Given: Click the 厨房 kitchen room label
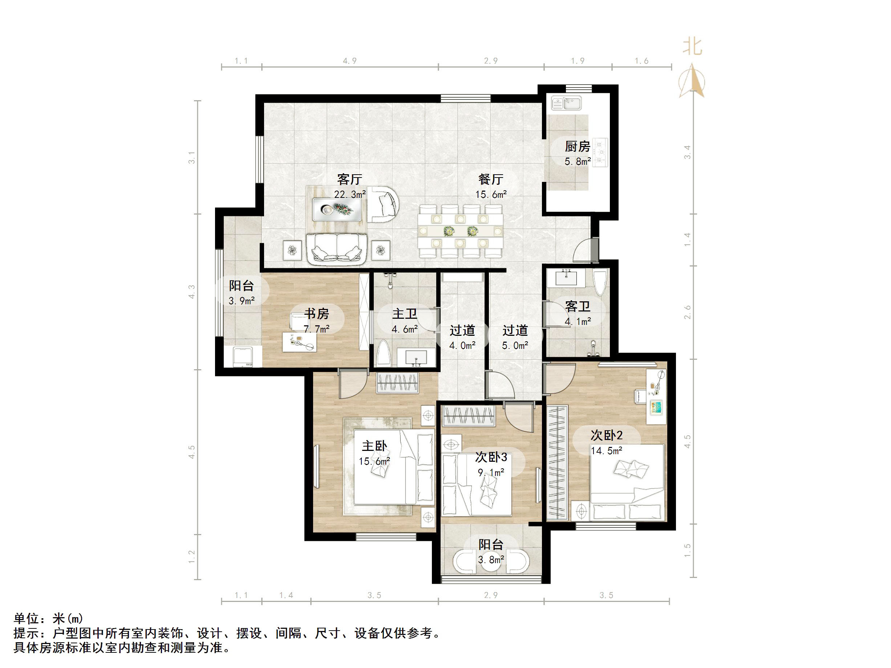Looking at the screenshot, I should point(577,146).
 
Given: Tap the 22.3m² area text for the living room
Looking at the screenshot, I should point(350,195).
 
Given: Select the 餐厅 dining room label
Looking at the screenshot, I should point(491,179).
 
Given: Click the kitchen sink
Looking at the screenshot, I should point(566,103).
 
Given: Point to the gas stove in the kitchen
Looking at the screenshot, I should point(600,152).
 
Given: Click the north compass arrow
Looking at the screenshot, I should point(692,81).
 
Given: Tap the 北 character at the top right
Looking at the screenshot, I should point(692,47).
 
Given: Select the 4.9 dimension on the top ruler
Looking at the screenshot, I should point(350,61).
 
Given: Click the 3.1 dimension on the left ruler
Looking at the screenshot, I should point(192,158).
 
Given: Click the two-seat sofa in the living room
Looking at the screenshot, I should point(336,249).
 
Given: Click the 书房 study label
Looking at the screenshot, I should point(316,313).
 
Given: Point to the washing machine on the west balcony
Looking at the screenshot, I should point(243,357).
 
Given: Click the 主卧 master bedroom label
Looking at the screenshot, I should point(374,446).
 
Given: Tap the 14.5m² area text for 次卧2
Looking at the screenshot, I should point(606,451).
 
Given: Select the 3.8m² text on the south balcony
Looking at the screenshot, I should point(491,560).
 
